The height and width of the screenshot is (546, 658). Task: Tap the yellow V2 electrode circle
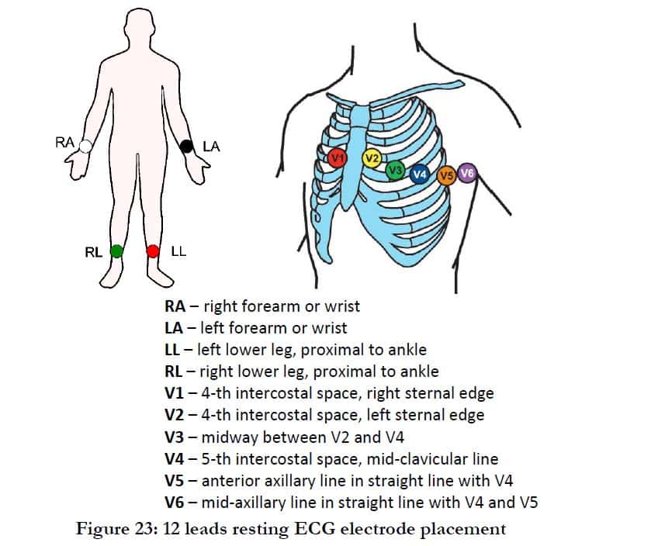(x=372, y=160)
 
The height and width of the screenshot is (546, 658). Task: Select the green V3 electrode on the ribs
(x=395, y=169)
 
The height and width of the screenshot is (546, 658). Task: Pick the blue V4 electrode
(x=420, y=175)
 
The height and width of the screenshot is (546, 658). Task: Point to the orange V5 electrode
(x=446, y=176)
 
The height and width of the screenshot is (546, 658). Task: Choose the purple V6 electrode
(x=467, y=173)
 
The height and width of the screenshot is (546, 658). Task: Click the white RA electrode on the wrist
(x=85, y=145)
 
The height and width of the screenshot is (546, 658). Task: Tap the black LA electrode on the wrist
(x=186, y=146)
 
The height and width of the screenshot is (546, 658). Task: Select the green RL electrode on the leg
(x=116, y=251)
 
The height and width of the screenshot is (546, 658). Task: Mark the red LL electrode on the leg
(x=153, y=251)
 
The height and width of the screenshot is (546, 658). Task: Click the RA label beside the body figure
(x=65, y=142)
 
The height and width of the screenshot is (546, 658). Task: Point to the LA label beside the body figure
(x=210, y=147)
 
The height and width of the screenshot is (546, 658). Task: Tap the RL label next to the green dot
(x=93, y=251)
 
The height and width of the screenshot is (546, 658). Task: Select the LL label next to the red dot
(x=178, y=251)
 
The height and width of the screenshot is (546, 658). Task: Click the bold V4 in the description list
(x=175, y=458)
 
